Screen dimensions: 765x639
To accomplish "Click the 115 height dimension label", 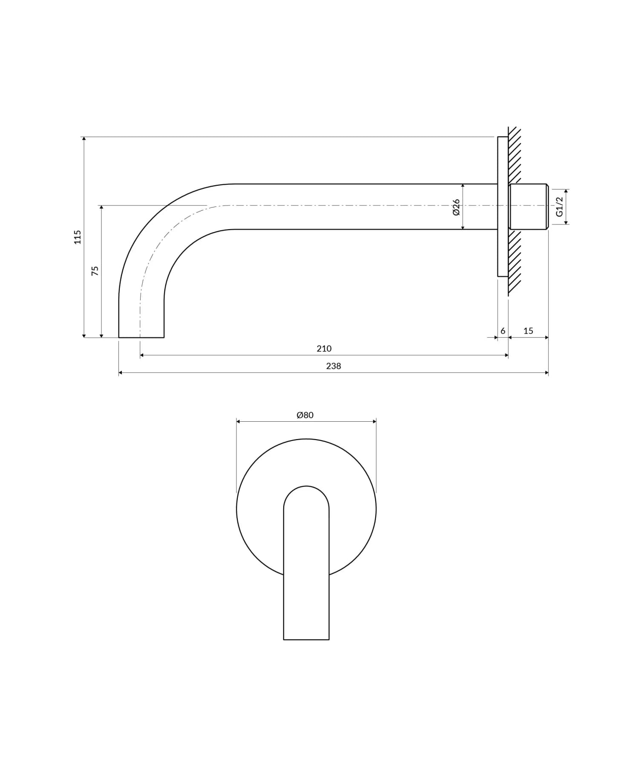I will (77, 237).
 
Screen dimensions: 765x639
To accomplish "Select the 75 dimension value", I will (95, 271).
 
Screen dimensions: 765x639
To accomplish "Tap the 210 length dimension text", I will (324, 348).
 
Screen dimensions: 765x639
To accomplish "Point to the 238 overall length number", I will (333, 366).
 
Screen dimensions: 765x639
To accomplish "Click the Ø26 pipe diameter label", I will (456, 207).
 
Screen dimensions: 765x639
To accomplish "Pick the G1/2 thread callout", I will (559, 207).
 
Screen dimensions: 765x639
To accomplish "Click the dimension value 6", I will (503, 331).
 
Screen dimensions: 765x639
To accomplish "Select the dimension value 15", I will (528, 331).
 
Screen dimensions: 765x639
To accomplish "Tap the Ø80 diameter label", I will (305, 415).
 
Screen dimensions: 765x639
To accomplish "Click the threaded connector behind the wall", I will (528, 207).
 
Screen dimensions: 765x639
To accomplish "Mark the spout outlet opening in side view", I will (141, 337).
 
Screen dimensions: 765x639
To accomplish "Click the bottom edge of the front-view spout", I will (306, 639).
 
